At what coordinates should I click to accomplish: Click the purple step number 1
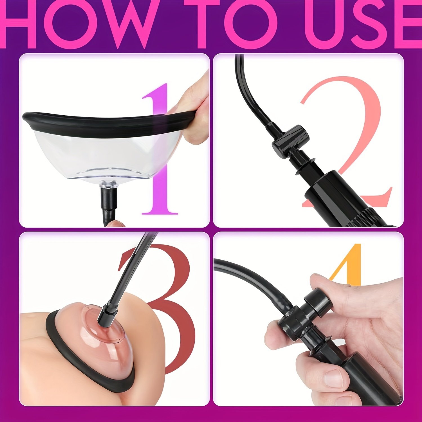[160, 149]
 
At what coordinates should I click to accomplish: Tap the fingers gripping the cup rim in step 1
[194, 113]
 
